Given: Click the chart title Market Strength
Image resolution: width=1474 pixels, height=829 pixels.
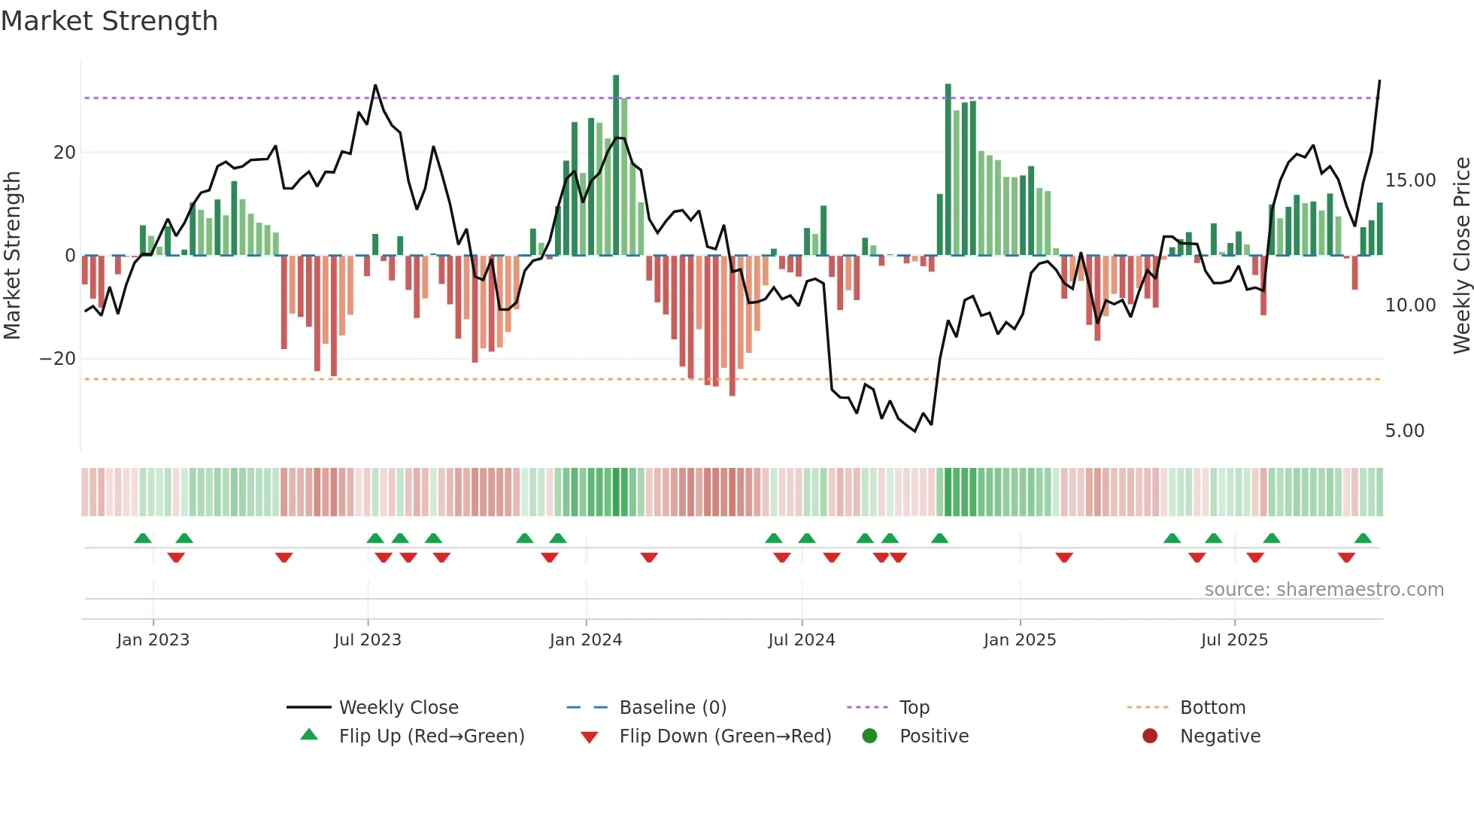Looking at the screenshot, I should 109,21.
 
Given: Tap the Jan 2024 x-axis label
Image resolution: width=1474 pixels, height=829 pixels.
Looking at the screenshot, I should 586,640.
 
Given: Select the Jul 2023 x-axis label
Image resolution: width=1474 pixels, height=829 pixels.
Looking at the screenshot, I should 368,640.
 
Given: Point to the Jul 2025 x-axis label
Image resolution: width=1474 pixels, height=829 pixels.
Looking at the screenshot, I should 1234,640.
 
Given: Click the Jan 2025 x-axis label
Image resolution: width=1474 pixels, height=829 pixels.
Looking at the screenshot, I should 1020,640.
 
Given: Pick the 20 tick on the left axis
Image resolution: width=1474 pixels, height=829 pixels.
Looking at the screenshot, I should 65,153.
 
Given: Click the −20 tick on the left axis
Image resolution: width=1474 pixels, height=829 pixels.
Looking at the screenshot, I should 58,359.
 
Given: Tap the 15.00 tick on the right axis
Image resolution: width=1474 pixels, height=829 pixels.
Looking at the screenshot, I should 1410,181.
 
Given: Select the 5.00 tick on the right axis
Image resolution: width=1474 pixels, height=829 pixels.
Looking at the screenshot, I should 1404,431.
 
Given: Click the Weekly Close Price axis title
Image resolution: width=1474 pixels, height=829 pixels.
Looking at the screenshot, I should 1461,256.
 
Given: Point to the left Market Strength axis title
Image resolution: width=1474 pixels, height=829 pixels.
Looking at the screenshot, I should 13,256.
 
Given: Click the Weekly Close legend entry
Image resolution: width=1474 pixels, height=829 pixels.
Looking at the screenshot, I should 398,708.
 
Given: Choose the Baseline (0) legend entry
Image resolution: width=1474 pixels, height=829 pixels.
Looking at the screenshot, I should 672,708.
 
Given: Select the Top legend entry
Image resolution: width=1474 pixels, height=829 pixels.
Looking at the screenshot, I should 914,708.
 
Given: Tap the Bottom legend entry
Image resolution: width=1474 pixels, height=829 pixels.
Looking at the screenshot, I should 1212,708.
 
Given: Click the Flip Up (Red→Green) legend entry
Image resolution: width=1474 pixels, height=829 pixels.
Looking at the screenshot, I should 431,736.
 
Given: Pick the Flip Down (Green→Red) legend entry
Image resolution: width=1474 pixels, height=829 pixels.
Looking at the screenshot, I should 725,736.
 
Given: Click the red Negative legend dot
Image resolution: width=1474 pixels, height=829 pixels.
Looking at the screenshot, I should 1150,736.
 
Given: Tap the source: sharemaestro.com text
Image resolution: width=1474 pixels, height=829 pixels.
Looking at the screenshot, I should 1324,590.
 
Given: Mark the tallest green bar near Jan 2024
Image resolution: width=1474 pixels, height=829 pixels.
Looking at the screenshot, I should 616,165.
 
